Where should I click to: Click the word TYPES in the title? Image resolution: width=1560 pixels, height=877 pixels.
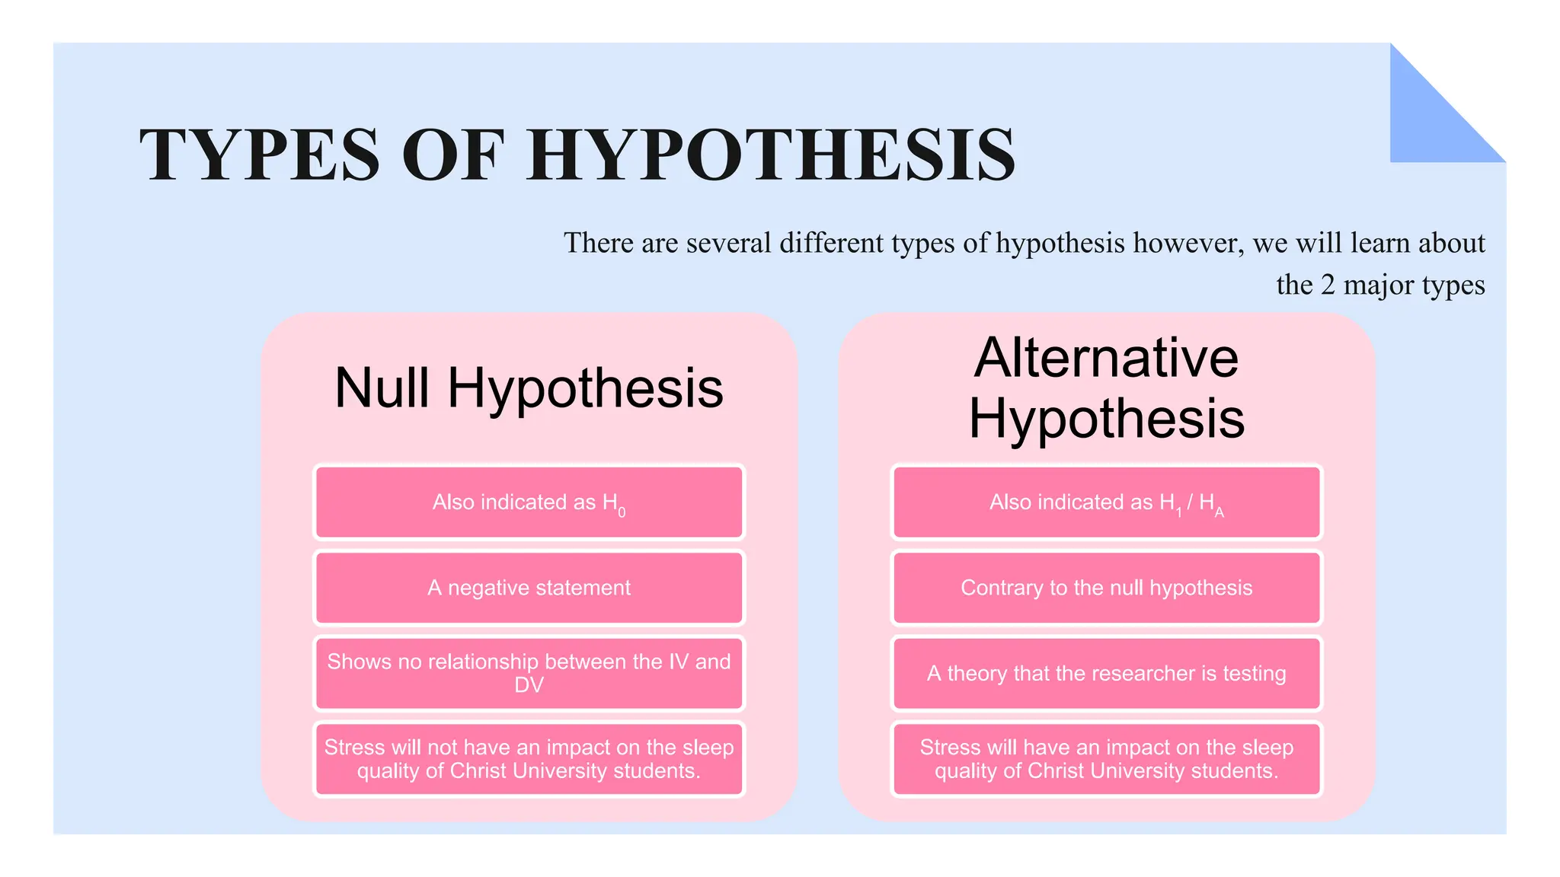coord(259,155)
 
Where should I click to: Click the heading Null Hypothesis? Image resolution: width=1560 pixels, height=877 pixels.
coord(529,388)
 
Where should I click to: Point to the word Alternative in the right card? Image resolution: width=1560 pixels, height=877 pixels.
coord(1106,358)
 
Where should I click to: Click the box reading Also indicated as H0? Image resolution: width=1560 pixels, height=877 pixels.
coord(529,502)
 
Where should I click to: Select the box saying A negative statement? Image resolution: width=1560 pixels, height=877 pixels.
coord(529,588)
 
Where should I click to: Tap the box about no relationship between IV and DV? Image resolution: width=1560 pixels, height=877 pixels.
coord(529,673)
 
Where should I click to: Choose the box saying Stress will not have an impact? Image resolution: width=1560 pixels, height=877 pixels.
coord(529,759)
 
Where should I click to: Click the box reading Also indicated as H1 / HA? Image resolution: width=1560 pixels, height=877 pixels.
coord(1106,502)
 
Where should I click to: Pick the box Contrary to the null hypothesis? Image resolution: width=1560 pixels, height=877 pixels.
coord(1106,588)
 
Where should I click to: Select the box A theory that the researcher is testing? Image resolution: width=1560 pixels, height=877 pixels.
coord(1106,673)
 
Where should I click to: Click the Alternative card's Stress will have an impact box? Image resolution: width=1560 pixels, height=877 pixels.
coord(1106,759)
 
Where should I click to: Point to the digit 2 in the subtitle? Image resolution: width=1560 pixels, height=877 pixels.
coord(1328,285)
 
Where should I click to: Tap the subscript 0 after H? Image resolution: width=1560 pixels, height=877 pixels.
coord(622,513)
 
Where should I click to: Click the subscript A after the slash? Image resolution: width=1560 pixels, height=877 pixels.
coord(1220,513)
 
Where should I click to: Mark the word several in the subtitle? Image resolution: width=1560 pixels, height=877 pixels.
coord(729,244)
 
